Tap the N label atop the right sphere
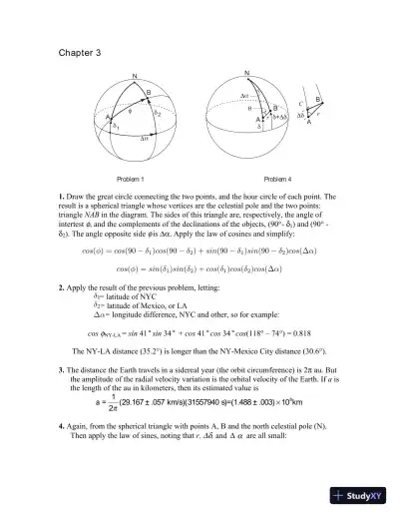(246, 72)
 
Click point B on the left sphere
(150, 93)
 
